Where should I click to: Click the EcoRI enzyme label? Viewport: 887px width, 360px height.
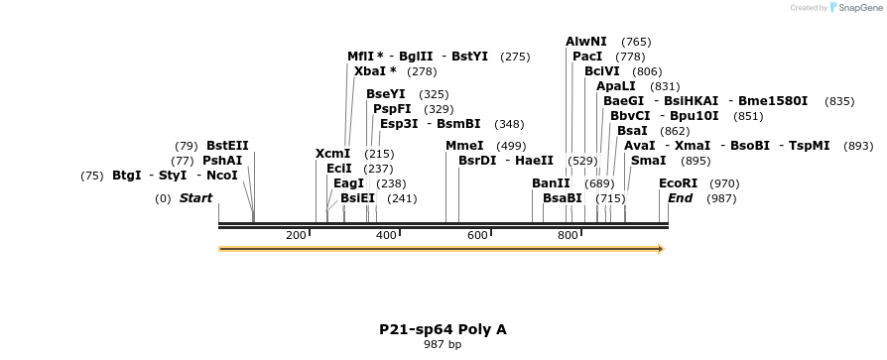click(x=679, y=183)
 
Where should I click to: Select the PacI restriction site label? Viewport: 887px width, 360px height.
click(x=587, y=57)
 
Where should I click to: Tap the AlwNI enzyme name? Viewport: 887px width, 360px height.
click(x=586, y=42)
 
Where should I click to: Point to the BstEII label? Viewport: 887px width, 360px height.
click(x=227, y=146)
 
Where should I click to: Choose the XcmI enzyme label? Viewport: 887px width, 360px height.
click(x=332, y=154)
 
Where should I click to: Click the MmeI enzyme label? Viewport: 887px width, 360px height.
click(x=464, y=146)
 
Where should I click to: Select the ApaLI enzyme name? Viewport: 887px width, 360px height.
click(x=616, y=86)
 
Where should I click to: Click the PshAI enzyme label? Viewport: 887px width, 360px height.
click(x=222, y=161)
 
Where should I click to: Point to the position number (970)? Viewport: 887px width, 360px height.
click(x=724, y=183)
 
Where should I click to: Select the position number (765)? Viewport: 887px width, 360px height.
click(x=636, y=42)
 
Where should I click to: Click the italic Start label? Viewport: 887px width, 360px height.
click(x=195, y=198)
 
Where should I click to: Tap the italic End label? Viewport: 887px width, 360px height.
click(x=681, y=198)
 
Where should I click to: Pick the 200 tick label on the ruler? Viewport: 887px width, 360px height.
click(x=296, y=235)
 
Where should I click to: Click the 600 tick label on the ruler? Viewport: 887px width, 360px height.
click(x=477, y=235)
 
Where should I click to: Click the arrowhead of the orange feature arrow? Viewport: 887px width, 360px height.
click(x=659, y=249)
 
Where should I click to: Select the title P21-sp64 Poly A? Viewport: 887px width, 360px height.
click(x=443, y=329)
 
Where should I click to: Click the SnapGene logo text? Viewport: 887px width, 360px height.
click(x=858, y=8)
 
